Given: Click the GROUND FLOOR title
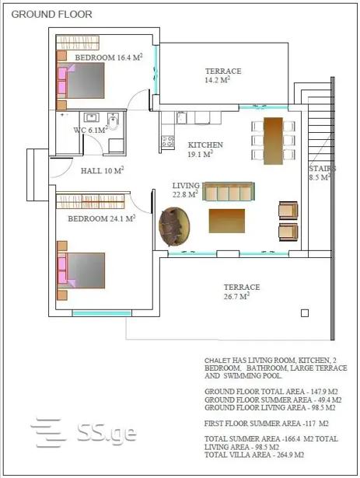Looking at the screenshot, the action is coord(51,14).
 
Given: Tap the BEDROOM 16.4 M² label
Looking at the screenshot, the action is coord(109,57).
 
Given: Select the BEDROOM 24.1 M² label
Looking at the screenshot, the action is coord(102,218).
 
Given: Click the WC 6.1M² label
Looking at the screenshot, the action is coord(91,130).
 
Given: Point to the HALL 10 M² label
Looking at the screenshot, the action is coord(102,170).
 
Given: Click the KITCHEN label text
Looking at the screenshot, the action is coord(205,145).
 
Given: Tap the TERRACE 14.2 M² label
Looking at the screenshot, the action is coord(223,75).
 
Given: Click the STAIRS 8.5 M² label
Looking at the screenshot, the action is coord(322,173).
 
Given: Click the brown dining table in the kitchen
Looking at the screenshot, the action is coord(273,141).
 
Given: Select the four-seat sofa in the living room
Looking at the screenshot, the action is coord(229,191).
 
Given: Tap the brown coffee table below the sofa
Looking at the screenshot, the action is coord(227,221).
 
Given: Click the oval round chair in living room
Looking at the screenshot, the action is coord(174,226).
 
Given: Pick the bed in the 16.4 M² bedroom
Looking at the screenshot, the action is coord(81,81).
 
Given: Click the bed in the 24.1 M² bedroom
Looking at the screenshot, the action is coord(81,270).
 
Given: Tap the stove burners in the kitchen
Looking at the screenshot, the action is coord(167,141).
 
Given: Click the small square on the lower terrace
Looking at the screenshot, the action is coord(305,313).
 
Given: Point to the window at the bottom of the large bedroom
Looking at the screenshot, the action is coord(102,313).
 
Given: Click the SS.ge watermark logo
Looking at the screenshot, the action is coord(83,433).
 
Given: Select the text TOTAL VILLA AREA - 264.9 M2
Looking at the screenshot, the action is coord(254,455).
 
